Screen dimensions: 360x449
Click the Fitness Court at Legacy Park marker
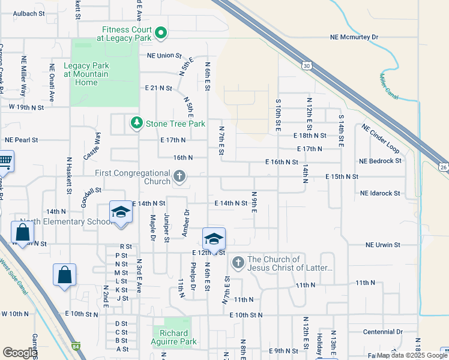(x=160, y=33)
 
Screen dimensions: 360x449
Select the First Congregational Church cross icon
(x=179, y=176)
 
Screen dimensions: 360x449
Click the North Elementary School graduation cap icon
(x=121, y=212)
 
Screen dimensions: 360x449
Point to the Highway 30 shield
(x=307, y=65)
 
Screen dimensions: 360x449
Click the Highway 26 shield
(x=442, y=166)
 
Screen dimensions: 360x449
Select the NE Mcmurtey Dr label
(x=354, y=37)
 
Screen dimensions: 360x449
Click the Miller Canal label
(x=388, y=87)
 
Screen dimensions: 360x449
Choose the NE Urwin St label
(x=382, y=245)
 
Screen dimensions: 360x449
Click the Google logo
(x=20, y=353)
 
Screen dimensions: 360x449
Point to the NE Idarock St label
(x=380, y=193)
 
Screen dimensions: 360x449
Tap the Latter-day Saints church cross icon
(x=238, y=262)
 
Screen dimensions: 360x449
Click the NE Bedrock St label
(x=380, y=161)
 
